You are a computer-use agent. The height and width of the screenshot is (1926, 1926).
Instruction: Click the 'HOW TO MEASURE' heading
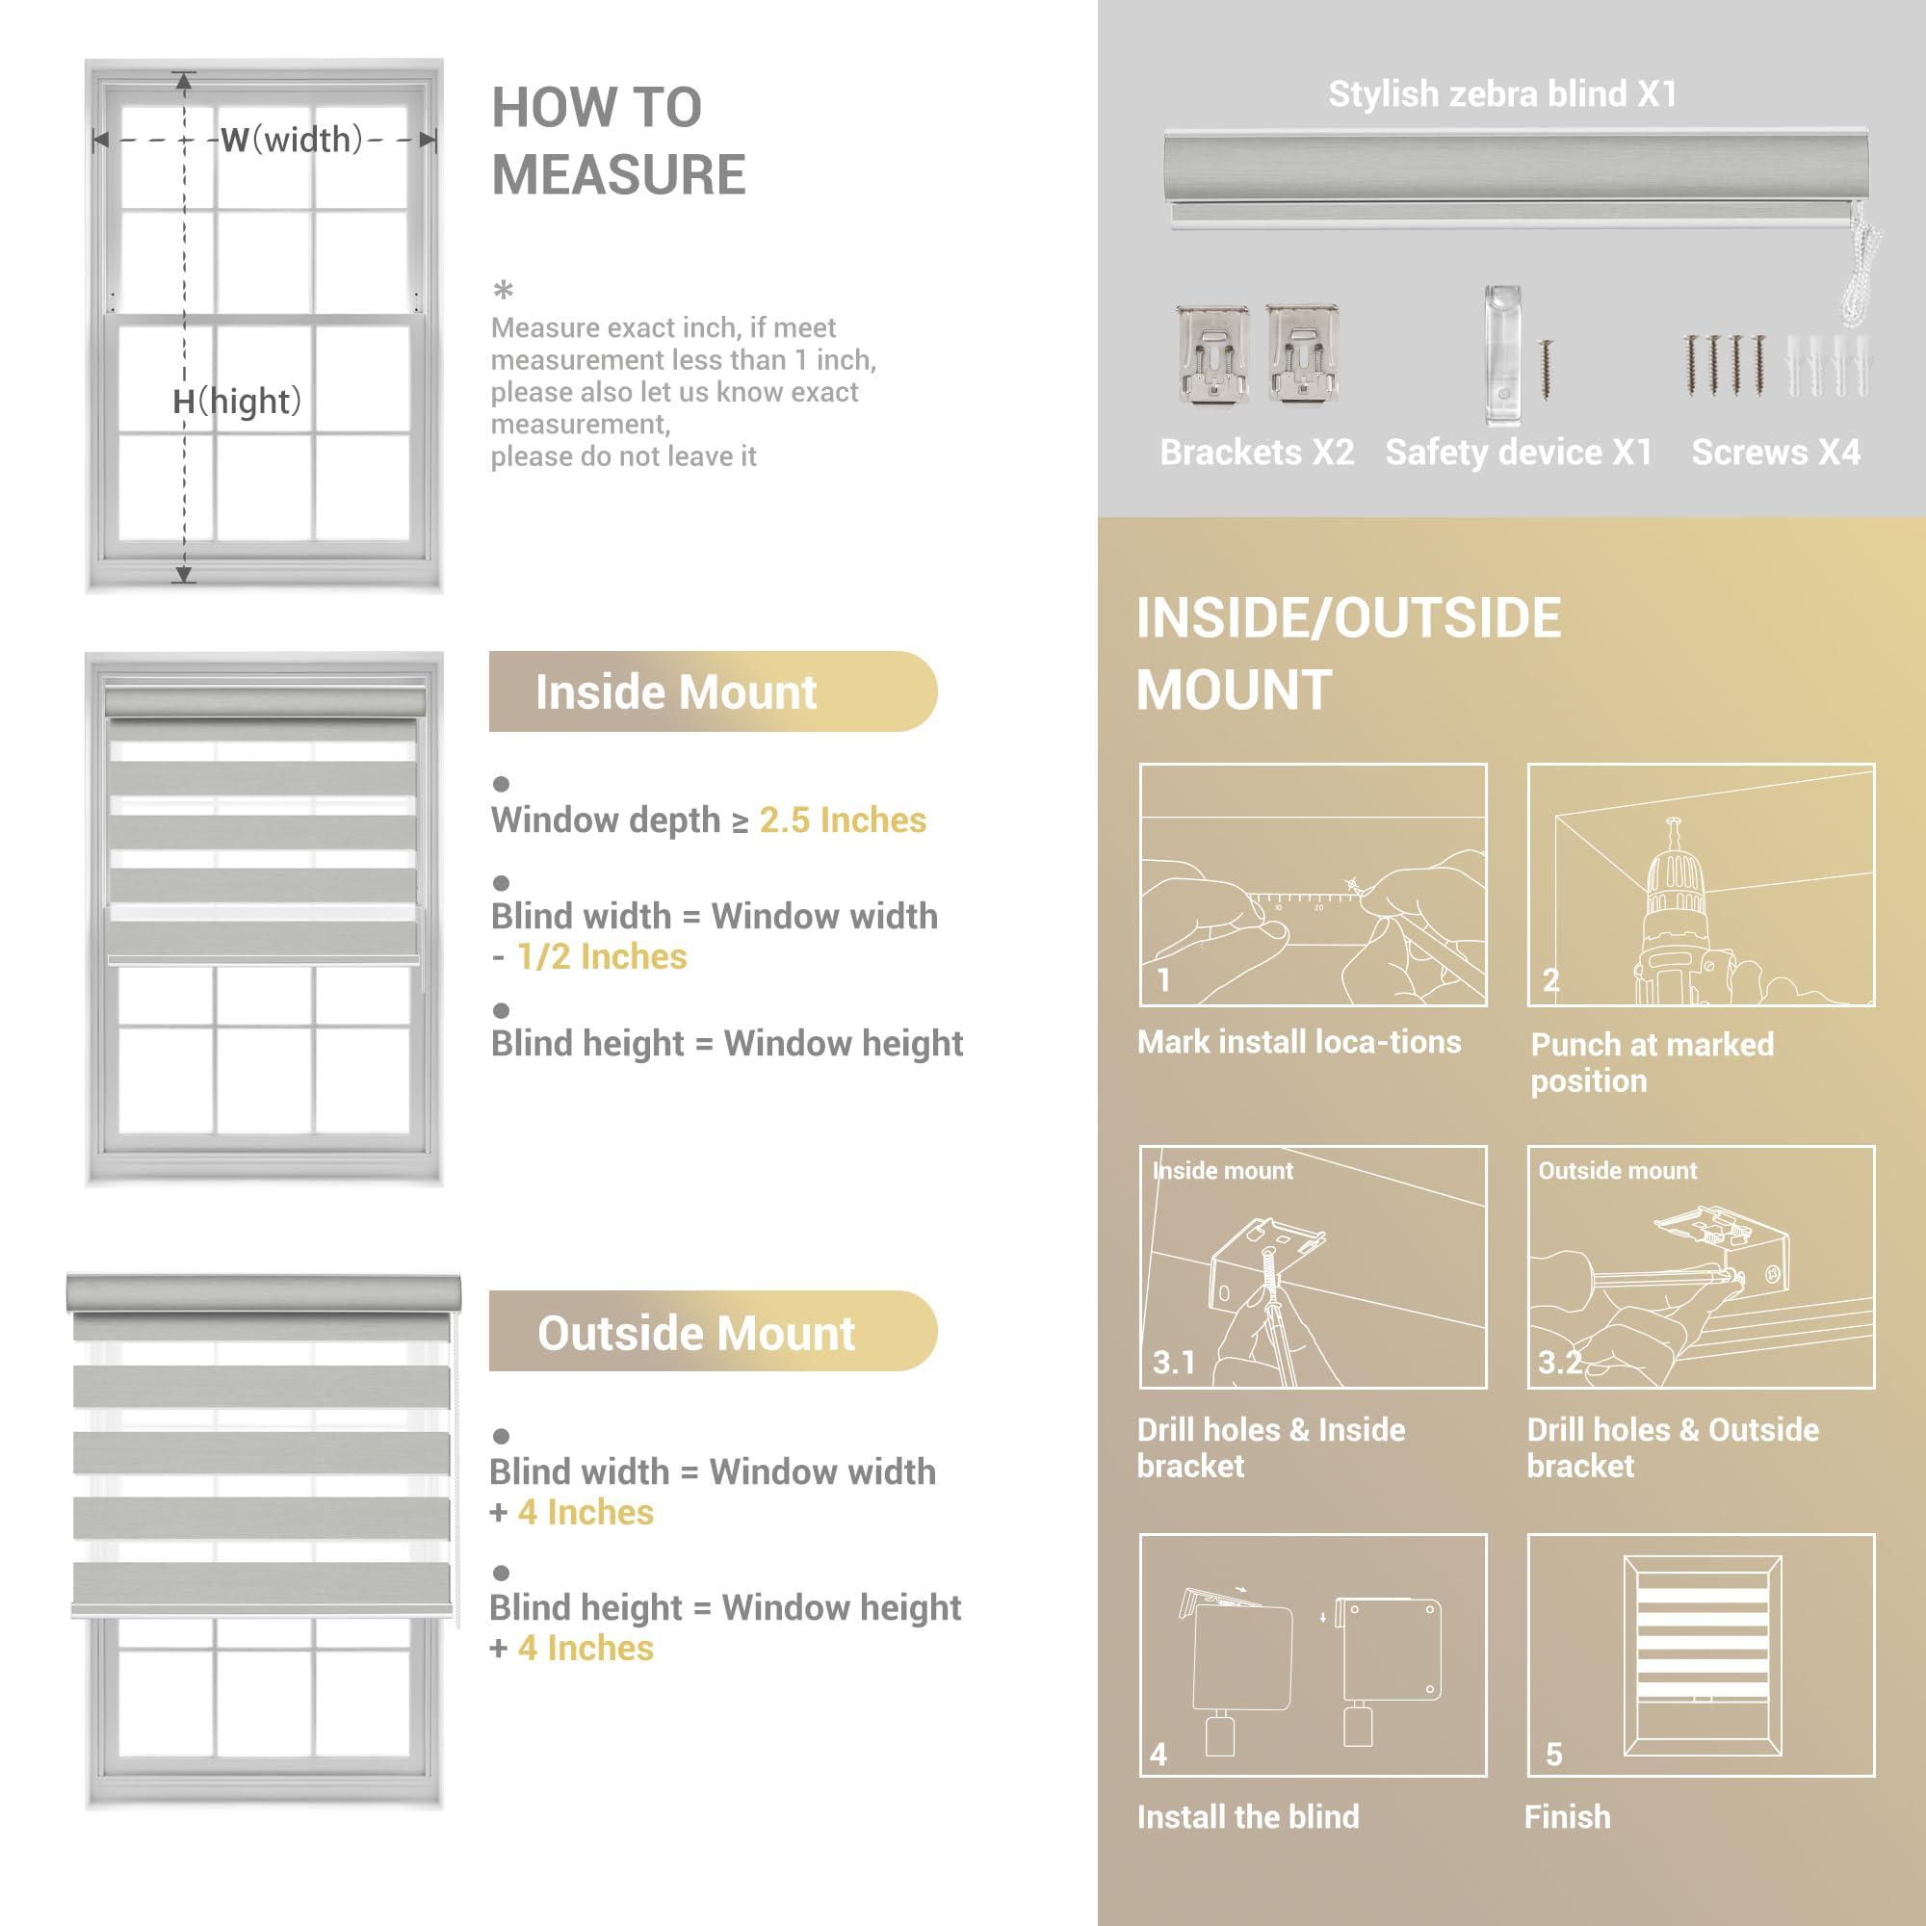tap(618, 141)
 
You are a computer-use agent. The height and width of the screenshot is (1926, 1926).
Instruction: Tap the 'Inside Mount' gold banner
tap(712, 691)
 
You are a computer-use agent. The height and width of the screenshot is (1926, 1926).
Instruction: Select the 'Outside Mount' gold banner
tap(712, 1332)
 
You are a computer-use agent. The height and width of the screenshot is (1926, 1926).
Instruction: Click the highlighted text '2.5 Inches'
tap(843, 820)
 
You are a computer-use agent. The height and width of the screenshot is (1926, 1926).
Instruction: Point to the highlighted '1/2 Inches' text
tap(601, 957)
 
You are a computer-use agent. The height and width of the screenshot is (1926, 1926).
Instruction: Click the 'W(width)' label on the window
tap(289, 140)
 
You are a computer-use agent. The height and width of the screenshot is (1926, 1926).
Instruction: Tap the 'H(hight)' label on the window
tap(236, 402)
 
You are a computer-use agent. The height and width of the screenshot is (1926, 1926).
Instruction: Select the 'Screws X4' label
tap(1776, 453)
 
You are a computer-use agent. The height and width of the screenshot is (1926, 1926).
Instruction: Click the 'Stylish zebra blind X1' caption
tap(1502, 94)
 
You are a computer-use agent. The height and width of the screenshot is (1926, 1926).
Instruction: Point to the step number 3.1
tap(1173, 1362)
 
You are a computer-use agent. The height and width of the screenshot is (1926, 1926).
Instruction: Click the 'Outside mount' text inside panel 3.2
tap(1617, 1171)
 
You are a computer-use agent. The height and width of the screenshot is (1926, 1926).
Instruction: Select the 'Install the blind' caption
tap(1248, 1816)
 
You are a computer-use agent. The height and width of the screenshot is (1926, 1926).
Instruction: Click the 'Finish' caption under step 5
tap(1567, 1816)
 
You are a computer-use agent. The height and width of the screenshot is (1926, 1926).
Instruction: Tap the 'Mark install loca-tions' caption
tap(1299, 1043)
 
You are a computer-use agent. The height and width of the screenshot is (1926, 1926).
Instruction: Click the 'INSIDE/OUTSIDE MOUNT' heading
tap(1348, 654)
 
